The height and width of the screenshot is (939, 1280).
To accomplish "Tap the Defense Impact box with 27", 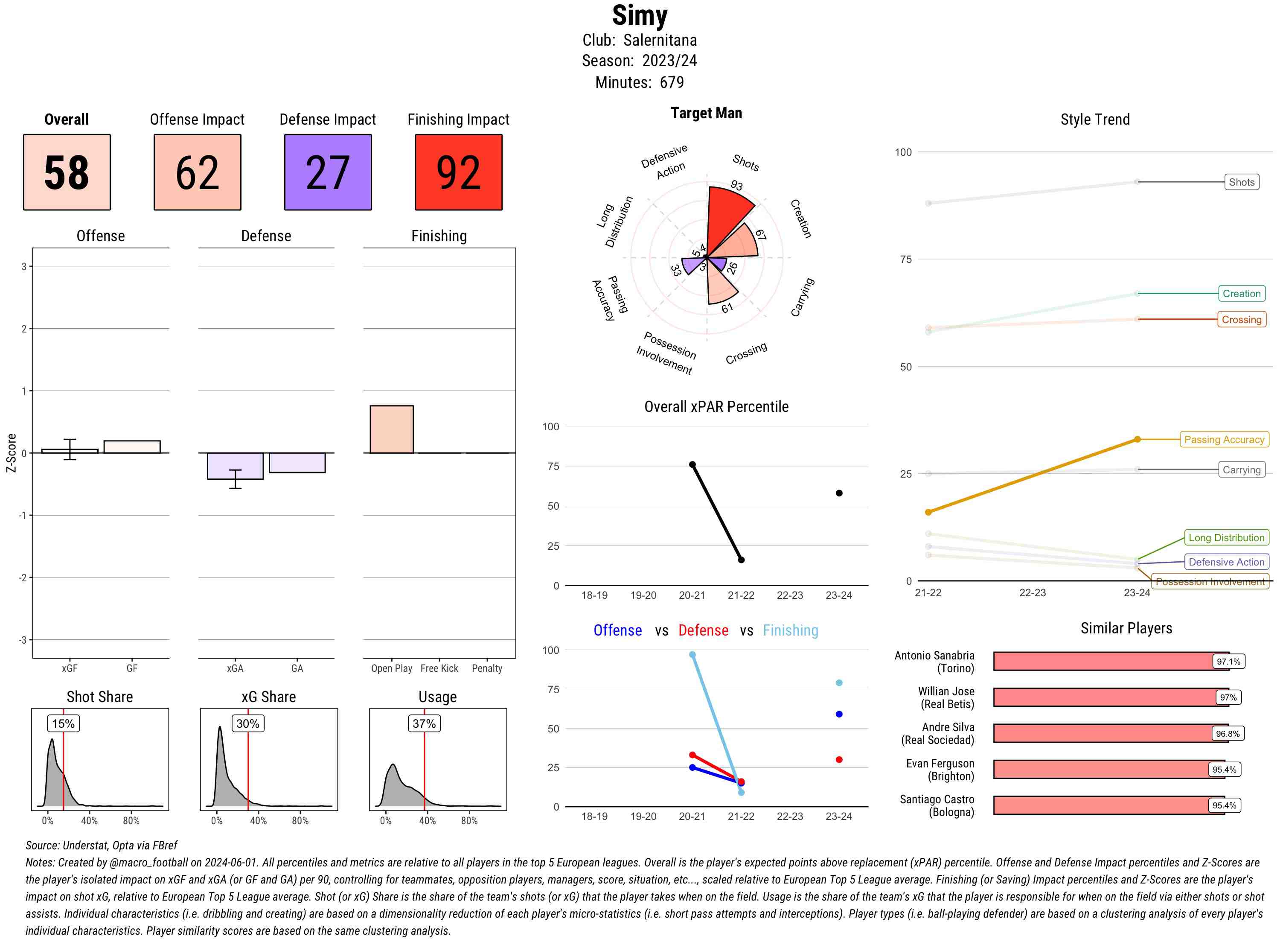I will click(328, 172).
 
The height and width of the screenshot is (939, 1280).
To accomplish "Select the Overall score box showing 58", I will click(67, 172).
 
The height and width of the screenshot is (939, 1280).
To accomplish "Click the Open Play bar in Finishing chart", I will click(391, 429).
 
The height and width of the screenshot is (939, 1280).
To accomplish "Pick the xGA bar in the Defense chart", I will click(235, 466).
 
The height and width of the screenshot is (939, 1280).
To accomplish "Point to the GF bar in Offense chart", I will click(132, 447).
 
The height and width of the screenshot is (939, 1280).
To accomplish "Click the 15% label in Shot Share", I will click(63, 723).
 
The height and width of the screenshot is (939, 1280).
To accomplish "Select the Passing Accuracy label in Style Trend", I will click(1224, 439).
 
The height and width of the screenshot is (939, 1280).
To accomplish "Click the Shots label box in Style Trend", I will click(1241, 182).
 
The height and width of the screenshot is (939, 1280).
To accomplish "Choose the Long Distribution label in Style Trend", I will click(1226, 538).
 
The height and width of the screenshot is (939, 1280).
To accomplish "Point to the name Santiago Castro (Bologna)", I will click(937, 805).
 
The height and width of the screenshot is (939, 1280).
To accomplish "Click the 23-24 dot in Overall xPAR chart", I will click(839, 493).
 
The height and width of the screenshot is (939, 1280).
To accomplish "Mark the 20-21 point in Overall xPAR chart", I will click(692, 464).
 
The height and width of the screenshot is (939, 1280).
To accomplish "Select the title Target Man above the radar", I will click(706, 113).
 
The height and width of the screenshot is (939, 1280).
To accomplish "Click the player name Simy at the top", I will click(640, 15).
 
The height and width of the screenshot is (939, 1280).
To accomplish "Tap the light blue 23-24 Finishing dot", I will click(839, 682).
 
